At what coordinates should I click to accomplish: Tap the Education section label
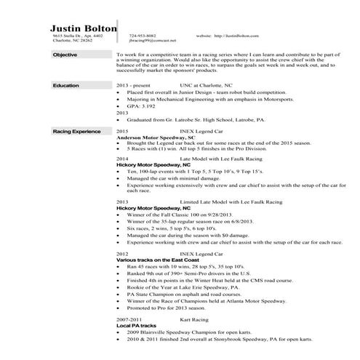pos(66,86)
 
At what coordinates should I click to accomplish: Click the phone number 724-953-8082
pos(142,35)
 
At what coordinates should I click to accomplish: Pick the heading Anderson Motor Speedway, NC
pos(156,137)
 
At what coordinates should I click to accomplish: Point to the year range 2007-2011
pos(129,319)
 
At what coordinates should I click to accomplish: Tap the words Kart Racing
pos(194,319)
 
